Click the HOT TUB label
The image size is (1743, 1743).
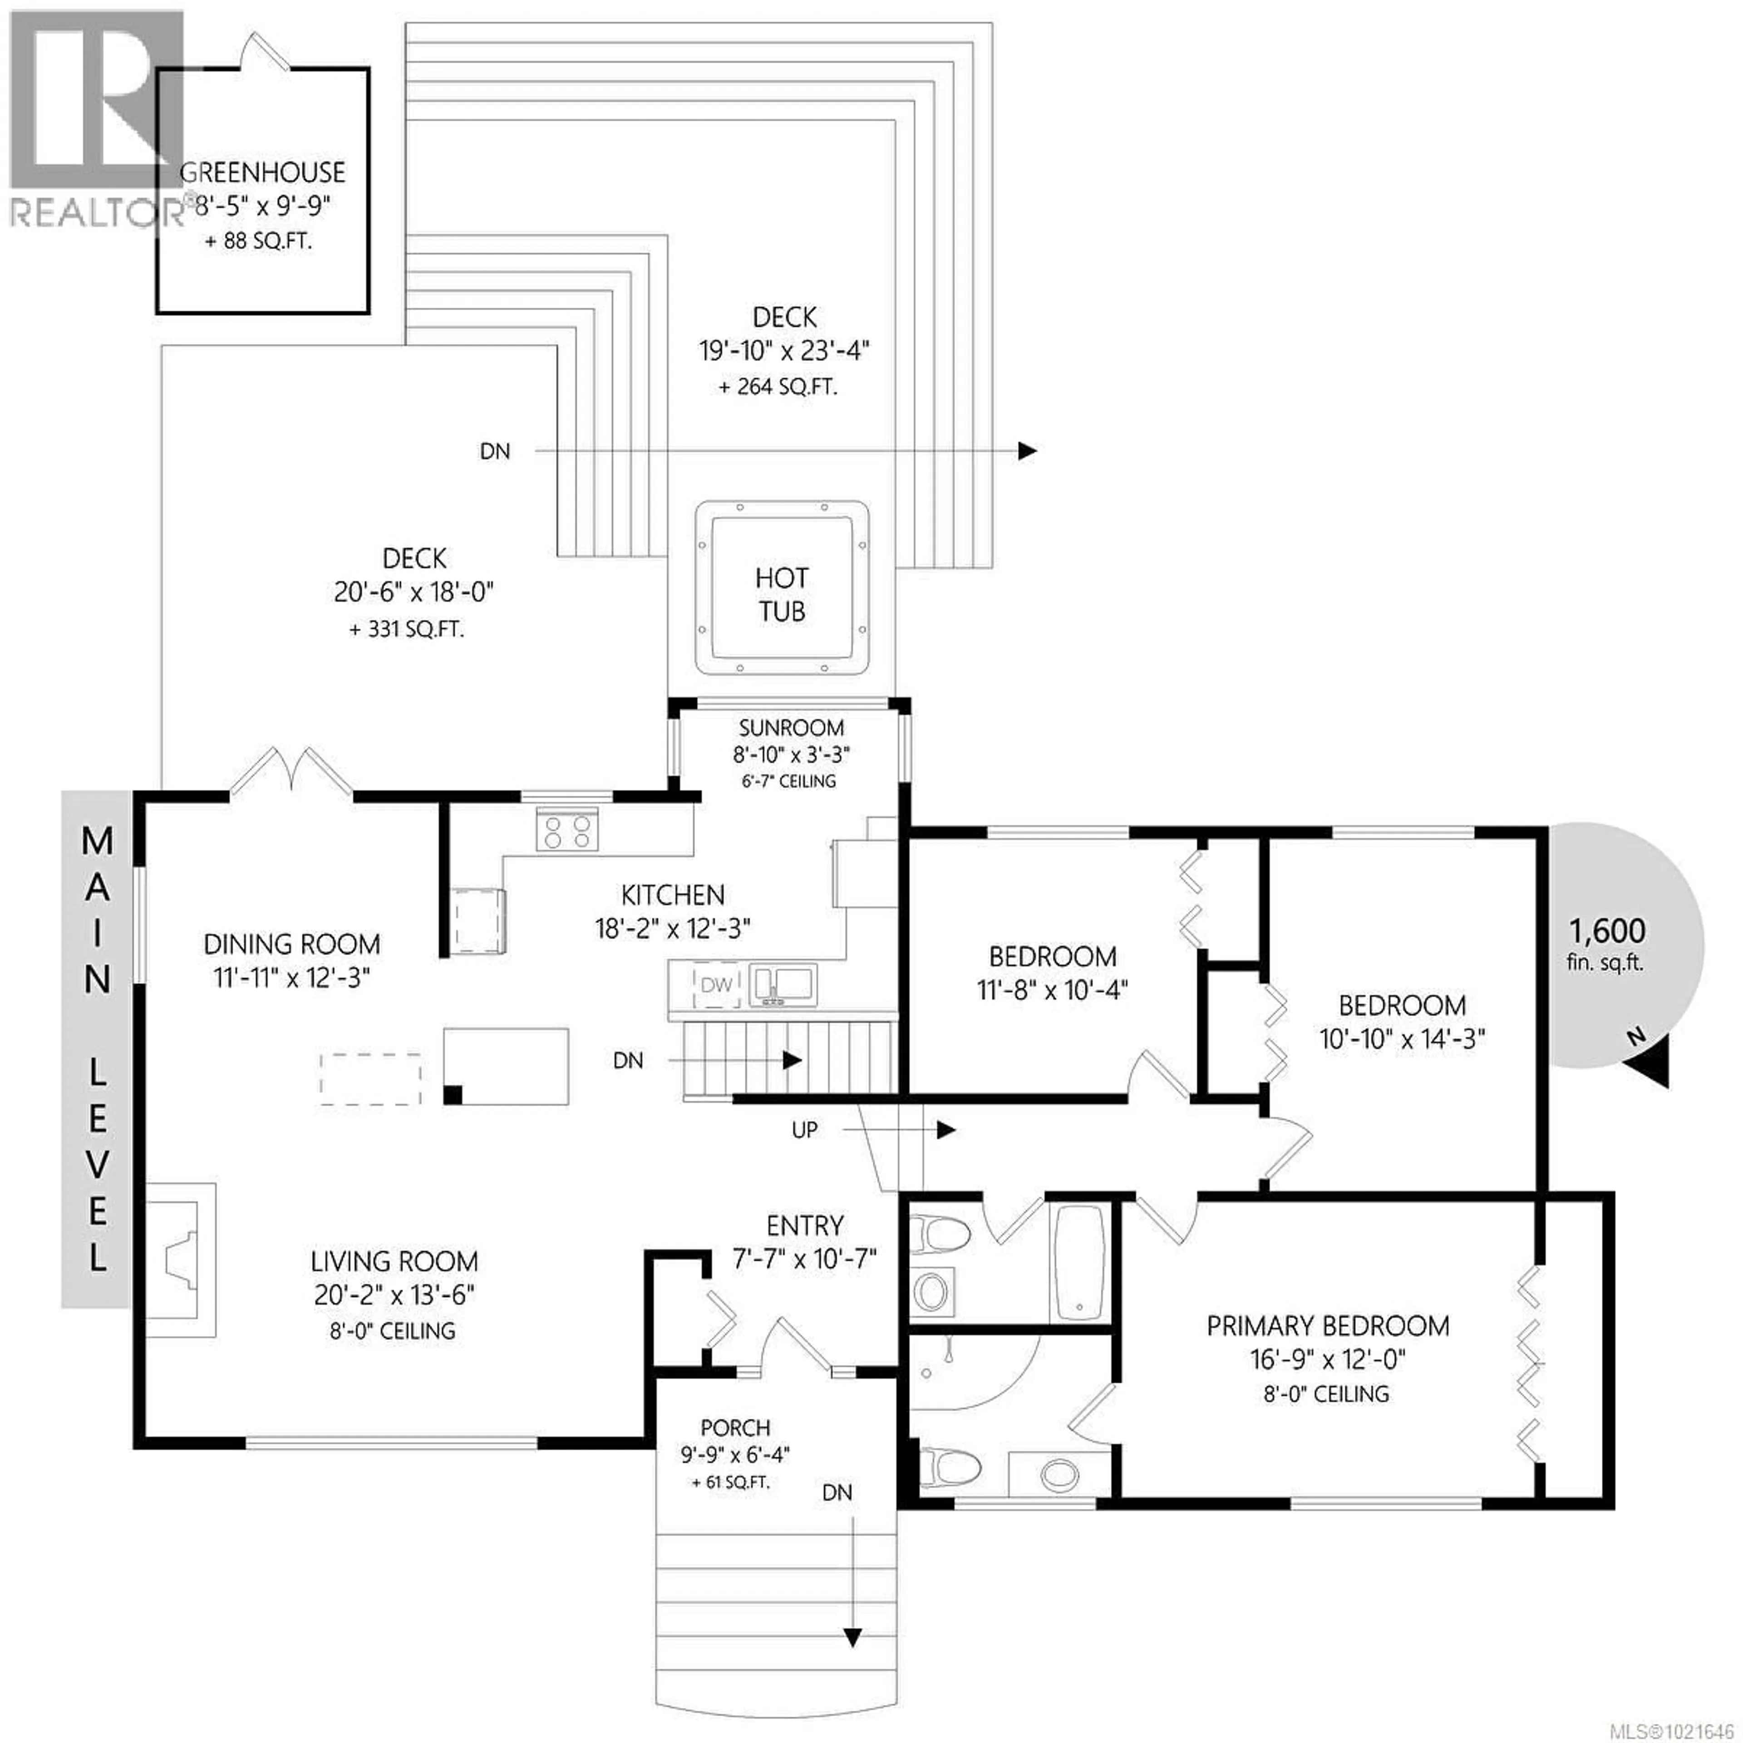coord(781,595)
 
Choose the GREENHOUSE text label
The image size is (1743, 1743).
coord(261,172)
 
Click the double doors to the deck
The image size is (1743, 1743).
coord(290,774)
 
